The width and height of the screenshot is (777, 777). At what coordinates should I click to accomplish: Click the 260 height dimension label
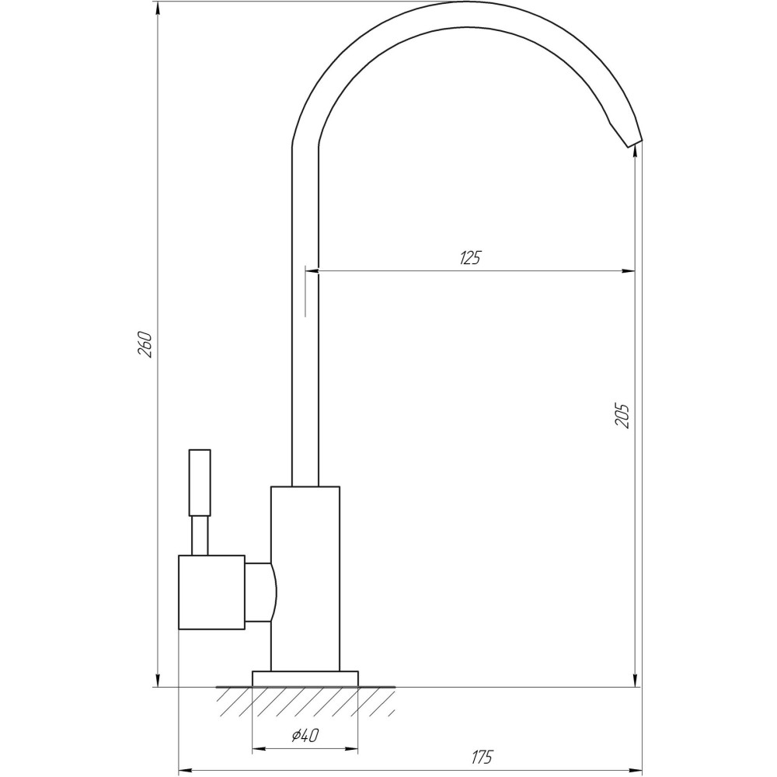(145, 344)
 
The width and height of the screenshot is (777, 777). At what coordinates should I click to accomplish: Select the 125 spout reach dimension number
(470, 259)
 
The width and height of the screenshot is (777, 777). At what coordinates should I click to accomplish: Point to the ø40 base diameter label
(305, 735)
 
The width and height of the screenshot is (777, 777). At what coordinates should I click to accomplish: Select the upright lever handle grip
(200, 482)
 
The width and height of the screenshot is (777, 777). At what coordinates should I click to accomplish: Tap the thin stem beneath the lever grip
(200, 535)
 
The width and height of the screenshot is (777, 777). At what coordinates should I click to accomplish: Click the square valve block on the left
(211, 592)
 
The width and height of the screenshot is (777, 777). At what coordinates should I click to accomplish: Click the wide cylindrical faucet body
(305, 578)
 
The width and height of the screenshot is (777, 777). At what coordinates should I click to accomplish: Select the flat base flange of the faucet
(305, 678)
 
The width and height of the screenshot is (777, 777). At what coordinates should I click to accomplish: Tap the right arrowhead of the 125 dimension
(630, 271)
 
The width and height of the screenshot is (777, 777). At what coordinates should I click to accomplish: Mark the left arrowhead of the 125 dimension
(312, 271)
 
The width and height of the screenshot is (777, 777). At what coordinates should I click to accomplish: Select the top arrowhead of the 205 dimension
(637, 149)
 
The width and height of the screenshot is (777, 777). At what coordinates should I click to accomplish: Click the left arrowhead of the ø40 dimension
(259, 750)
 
